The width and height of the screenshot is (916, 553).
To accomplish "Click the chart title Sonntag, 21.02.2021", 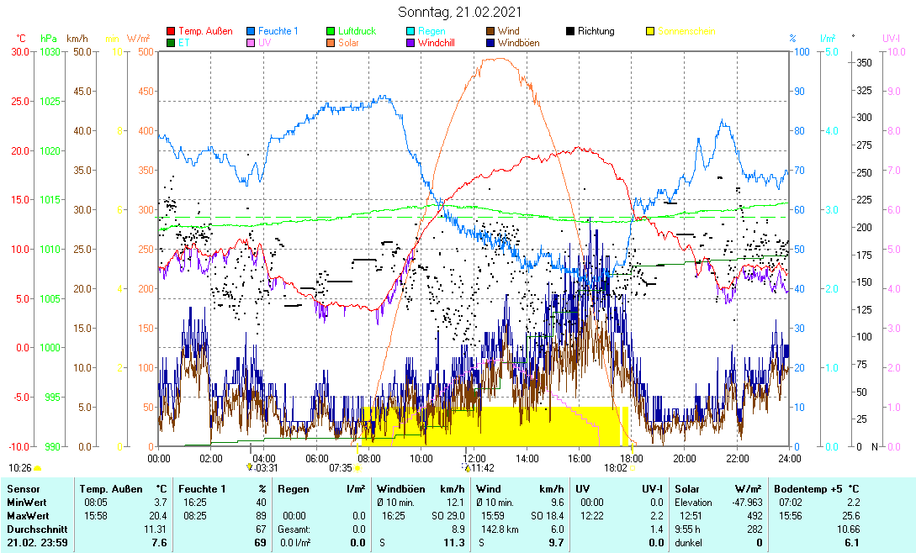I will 459,12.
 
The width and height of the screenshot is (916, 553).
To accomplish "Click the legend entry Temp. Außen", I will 205,31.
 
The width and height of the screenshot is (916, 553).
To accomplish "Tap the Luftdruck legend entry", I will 357,31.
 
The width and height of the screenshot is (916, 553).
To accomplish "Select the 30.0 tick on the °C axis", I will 19,52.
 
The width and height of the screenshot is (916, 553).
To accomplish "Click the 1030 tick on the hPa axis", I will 50,52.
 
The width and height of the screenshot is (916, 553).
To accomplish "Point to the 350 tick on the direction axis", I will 864,63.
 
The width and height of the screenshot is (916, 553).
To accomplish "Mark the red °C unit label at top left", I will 21,39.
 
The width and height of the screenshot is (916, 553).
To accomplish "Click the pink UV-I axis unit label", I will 892,39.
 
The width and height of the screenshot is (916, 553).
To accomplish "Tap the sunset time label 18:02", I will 616,467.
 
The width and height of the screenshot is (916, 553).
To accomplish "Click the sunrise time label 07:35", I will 340,467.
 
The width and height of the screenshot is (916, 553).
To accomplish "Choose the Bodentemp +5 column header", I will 817,488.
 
